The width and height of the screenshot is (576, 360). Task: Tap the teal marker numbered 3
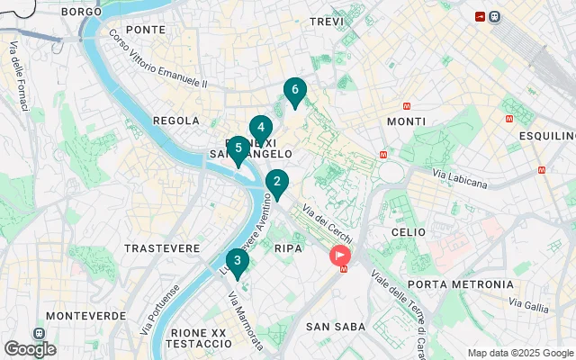point(237,262)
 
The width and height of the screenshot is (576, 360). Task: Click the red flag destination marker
point(341,256)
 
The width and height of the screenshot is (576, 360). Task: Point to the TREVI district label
point(327,21)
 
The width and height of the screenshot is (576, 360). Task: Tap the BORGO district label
point(82,11)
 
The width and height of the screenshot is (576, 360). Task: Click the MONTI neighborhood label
point(405,121)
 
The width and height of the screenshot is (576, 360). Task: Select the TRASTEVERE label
point(161,247)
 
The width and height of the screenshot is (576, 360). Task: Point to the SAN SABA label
point(335,326)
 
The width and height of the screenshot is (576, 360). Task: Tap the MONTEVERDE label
point(86,316)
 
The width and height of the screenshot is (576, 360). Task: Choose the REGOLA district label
point(176,121)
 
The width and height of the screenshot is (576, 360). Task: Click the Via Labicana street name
point(460,178)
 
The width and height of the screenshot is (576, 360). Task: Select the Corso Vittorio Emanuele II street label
point(158,60)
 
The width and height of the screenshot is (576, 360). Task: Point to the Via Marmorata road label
point(245,320)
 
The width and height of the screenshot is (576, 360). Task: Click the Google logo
point(30,349)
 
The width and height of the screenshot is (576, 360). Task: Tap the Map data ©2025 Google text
point(520,353)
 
